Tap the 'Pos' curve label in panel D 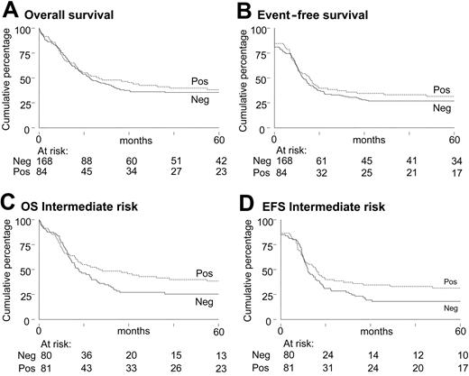(x=442, y=281)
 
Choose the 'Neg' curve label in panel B (x=441, y=108)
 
